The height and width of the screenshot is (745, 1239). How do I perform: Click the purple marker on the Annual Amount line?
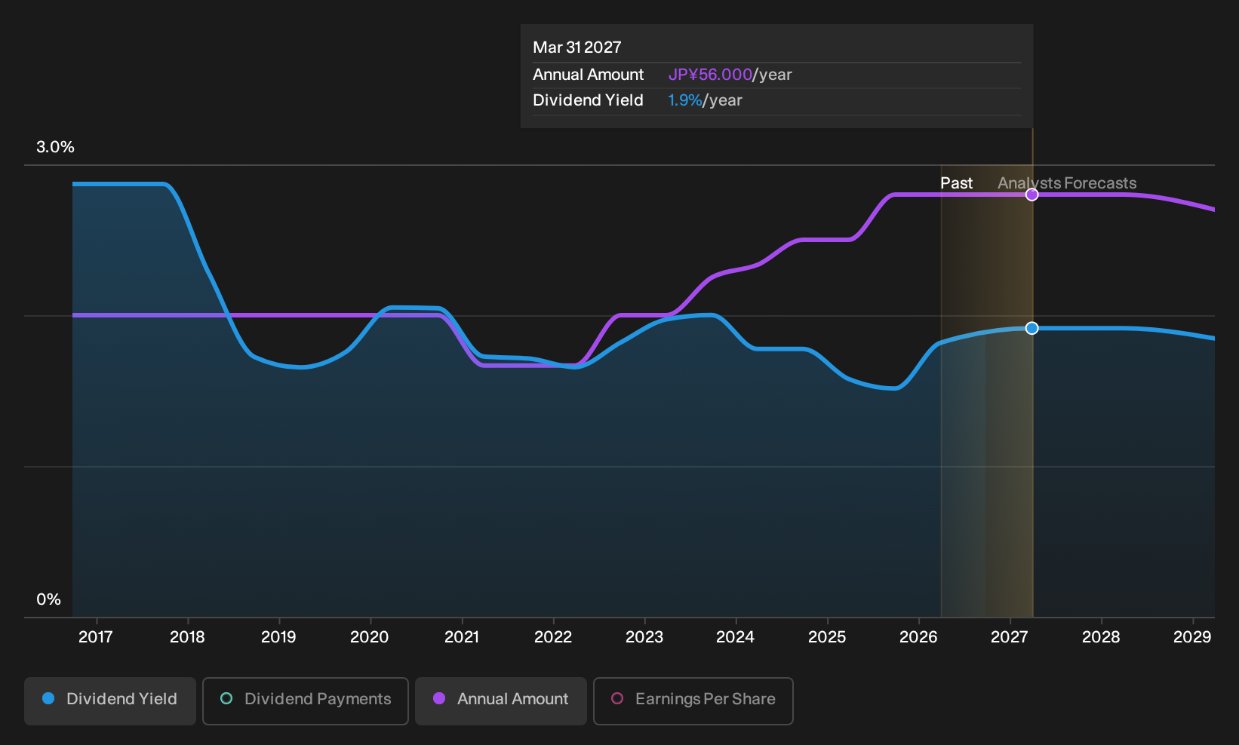coord(1031,195)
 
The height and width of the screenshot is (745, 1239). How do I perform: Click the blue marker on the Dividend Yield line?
coord(1031,328)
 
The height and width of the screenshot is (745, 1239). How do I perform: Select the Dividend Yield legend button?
coord(110,701)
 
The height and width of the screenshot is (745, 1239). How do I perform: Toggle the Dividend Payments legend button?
coord(306,701)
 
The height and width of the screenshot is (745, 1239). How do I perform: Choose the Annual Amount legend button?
coord(500,701)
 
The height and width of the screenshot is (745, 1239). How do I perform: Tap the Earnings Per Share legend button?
coord(693,701)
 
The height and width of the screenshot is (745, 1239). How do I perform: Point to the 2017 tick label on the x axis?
coord(96,637)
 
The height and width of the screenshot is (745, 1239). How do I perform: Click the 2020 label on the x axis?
coord(370,637)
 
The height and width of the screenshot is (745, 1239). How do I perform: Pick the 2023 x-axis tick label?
coord(644,637)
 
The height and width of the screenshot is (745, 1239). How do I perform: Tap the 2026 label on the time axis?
coord(918,637)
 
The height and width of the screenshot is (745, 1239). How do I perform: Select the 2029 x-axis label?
coord(1192,637)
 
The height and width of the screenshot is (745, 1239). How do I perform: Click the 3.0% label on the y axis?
coord(55,147)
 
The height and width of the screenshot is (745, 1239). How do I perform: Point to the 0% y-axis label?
coord(49,599)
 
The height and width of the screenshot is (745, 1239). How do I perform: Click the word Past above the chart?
coord(956,183)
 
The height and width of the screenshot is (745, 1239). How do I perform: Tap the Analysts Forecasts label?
coord(1067,183)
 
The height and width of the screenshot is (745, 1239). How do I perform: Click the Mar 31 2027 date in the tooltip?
coord(577,48)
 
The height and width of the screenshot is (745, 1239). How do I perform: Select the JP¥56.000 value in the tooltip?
coord(710,75)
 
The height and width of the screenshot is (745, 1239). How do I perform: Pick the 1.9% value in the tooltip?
coord(684,100)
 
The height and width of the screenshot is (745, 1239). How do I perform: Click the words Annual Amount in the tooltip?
coord(588,75)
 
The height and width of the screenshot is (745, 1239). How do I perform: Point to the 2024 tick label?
coord(735,637)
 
